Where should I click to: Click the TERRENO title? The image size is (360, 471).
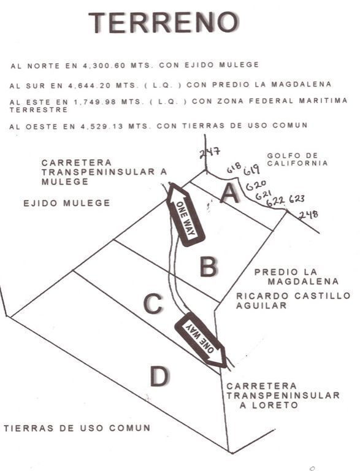click(x=164, y=23)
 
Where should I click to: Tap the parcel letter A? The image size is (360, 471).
click(x=230, y=194)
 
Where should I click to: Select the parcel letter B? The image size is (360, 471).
click(x=209, y=266)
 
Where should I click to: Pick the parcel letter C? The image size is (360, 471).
click(x=153, y=304)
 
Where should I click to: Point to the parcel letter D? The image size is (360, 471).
click(x=160, y=377)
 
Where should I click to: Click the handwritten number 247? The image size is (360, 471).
click(x=210, y=152)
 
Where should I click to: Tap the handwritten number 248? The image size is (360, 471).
click(x=308, y=215)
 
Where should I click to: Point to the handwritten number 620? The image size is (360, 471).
click(x=256, y=185)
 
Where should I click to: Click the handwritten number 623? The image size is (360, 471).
click(x=297, y=199)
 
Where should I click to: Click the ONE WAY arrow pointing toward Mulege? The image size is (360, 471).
click(x=185, y=214)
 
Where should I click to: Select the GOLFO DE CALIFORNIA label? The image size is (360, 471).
click(x=297, y=159)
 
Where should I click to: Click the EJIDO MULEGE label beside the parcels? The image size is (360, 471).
click(x=67, y=203)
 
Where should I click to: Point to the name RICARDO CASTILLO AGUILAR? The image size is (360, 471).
click(x=293, y=301)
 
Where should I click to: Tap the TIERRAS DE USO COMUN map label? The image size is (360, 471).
click(x=77, y=427)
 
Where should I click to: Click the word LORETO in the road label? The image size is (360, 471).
click(x=275, y=405)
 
